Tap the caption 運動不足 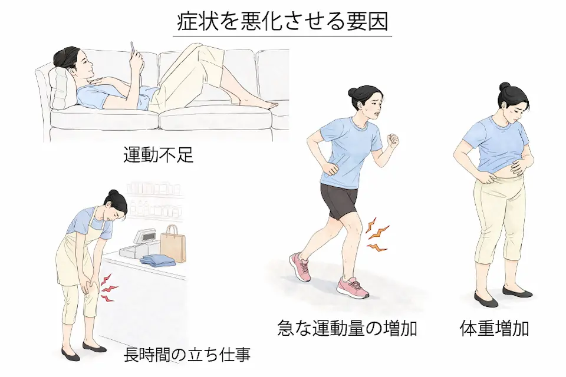coord(158,155)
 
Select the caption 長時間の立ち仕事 coord(187,355)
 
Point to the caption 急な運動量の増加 coord(347,328)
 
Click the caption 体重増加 coord(493,328)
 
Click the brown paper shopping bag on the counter coord(173,243)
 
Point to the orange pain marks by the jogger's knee coord(375,234)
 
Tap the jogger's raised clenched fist coord(391,141)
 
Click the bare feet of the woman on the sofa coord(262,105)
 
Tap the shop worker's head coord(116,203)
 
